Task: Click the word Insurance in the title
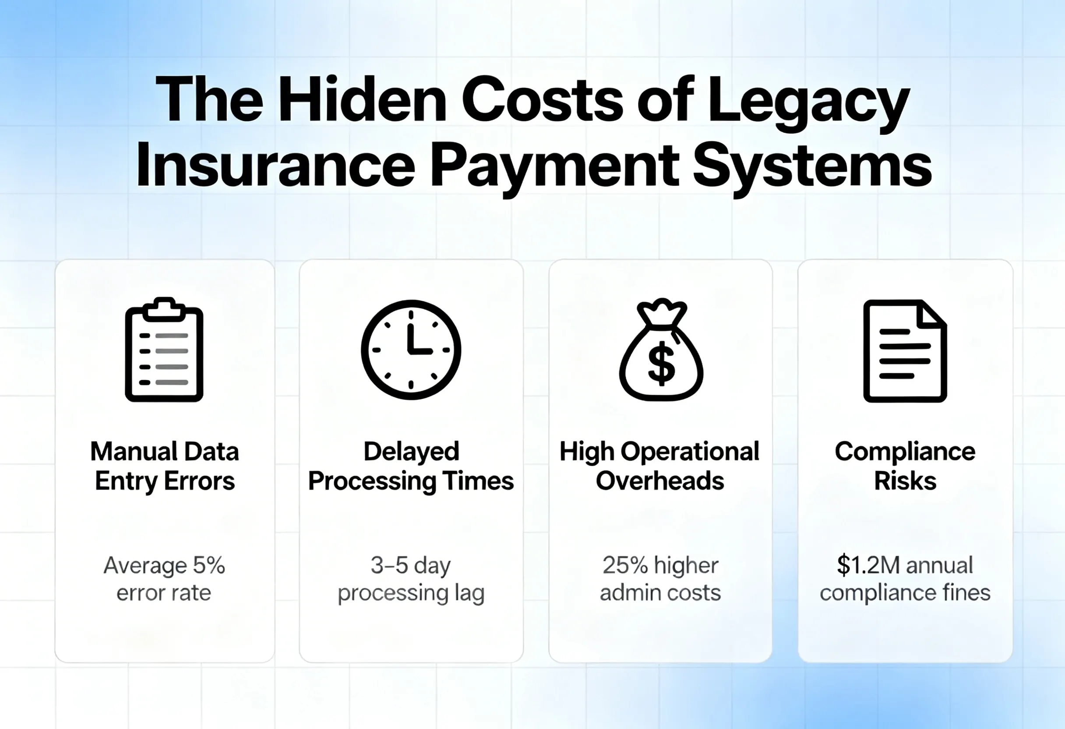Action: click(275, 165)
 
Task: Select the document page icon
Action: click(905, 351)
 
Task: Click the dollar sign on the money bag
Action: click(661, 364)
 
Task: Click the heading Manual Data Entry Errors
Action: click(165, 466)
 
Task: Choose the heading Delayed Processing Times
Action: click(411, 466)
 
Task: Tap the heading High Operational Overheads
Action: click(660, 466)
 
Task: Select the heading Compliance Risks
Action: click(905, 466)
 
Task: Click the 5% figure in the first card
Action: click(208, 565)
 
